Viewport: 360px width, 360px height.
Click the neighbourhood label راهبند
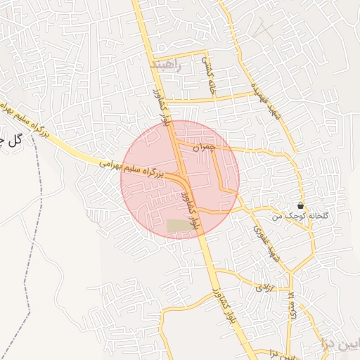coord(166,65)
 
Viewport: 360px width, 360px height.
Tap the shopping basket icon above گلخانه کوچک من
coord(301,206)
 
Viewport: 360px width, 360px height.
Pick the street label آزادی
coord(263,287)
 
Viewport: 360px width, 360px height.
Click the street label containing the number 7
coord(290,304)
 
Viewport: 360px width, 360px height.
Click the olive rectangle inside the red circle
coord(179,226)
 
